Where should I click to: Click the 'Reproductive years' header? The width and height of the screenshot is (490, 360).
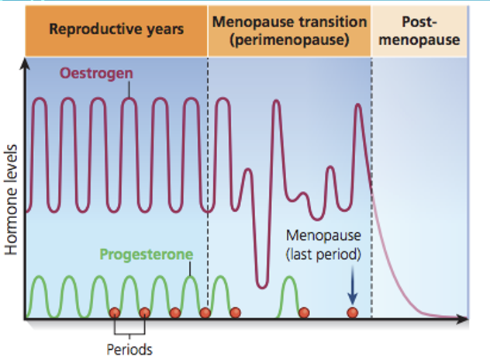[116, 29]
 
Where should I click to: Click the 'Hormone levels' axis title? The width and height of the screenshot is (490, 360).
[12, 198]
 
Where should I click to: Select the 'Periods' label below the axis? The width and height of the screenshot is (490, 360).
[129, 349]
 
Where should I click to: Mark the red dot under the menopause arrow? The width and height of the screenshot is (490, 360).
[352, 313]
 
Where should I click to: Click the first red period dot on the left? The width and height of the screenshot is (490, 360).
[114, 313]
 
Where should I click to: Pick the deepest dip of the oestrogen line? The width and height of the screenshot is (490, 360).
[264, 284]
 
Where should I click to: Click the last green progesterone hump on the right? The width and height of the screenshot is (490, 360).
[288, 283]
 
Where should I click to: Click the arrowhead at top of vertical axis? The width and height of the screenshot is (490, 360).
[26, 65]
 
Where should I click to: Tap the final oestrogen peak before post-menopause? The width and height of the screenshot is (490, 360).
[358, 106]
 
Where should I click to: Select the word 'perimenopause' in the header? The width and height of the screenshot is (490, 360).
[290, 38]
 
